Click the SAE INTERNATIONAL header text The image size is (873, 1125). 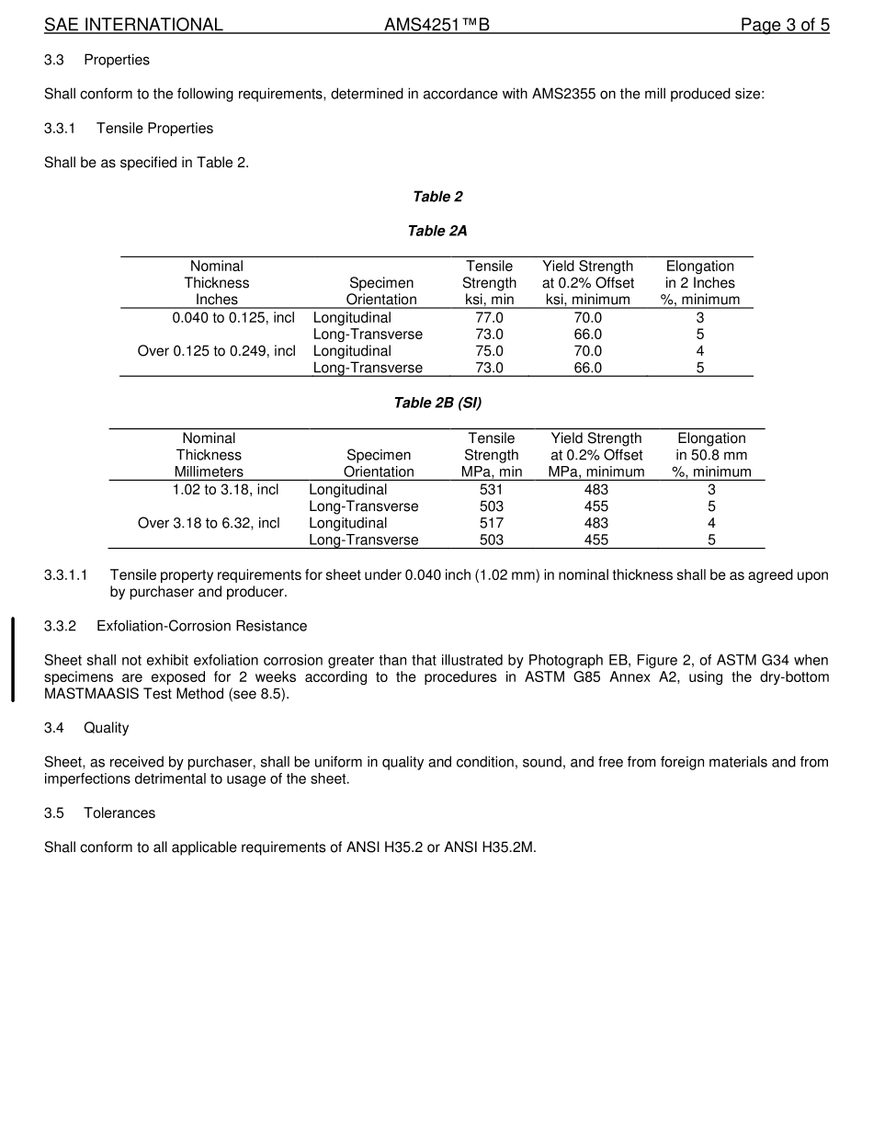[133, 25]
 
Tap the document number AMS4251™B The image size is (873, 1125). [436, 25]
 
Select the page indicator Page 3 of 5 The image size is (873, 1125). [785, 25]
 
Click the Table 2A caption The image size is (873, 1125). [437, 231]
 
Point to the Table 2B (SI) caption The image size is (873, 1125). [437, 403]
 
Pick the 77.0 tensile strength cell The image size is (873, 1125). [489, 318]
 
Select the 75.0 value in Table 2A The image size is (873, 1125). [489, 351]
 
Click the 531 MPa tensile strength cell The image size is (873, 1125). [491, 490]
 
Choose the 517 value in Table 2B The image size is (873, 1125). [491, 523]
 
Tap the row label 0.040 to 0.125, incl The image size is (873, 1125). [233, 318]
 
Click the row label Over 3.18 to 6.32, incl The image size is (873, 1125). [209, 523]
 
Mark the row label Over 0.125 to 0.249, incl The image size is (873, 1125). [217, 351]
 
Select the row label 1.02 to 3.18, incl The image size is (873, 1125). [225, 490]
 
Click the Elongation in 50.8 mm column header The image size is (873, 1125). [711, 455]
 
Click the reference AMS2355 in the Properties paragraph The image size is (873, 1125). [561, 94]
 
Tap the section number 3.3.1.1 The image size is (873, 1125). [65, 575]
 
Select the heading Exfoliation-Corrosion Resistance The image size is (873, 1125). [201, 626]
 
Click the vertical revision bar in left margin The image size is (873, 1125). [13, 660]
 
